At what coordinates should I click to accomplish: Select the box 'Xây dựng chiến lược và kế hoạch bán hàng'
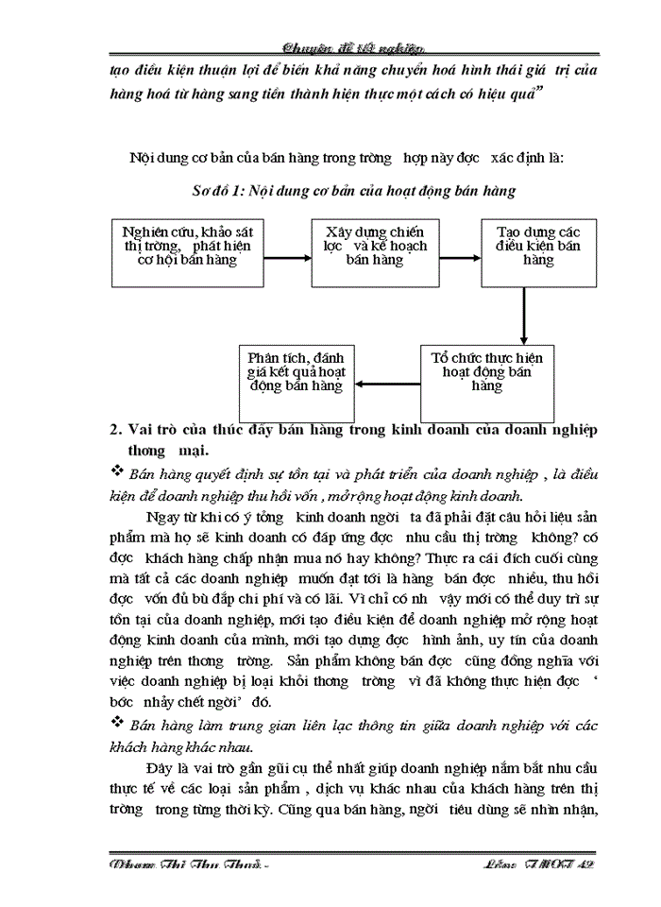click(x=375, y=251)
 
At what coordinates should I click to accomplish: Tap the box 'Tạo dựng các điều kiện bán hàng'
click(x=538, y=251)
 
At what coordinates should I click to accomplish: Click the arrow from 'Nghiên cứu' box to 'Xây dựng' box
click(x=282, y=254)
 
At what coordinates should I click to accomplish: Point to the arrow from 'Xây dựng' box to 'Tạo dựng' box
click(x=460, y=254)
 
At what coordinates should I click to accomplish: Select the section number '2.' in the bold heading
click(x=117, y=430)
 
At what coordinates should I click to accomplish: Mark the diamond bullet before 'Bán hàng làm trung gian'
click(x=118, y=725)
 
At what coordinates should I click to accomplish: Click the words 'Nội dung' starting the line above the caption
click(x=157, y=157)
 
